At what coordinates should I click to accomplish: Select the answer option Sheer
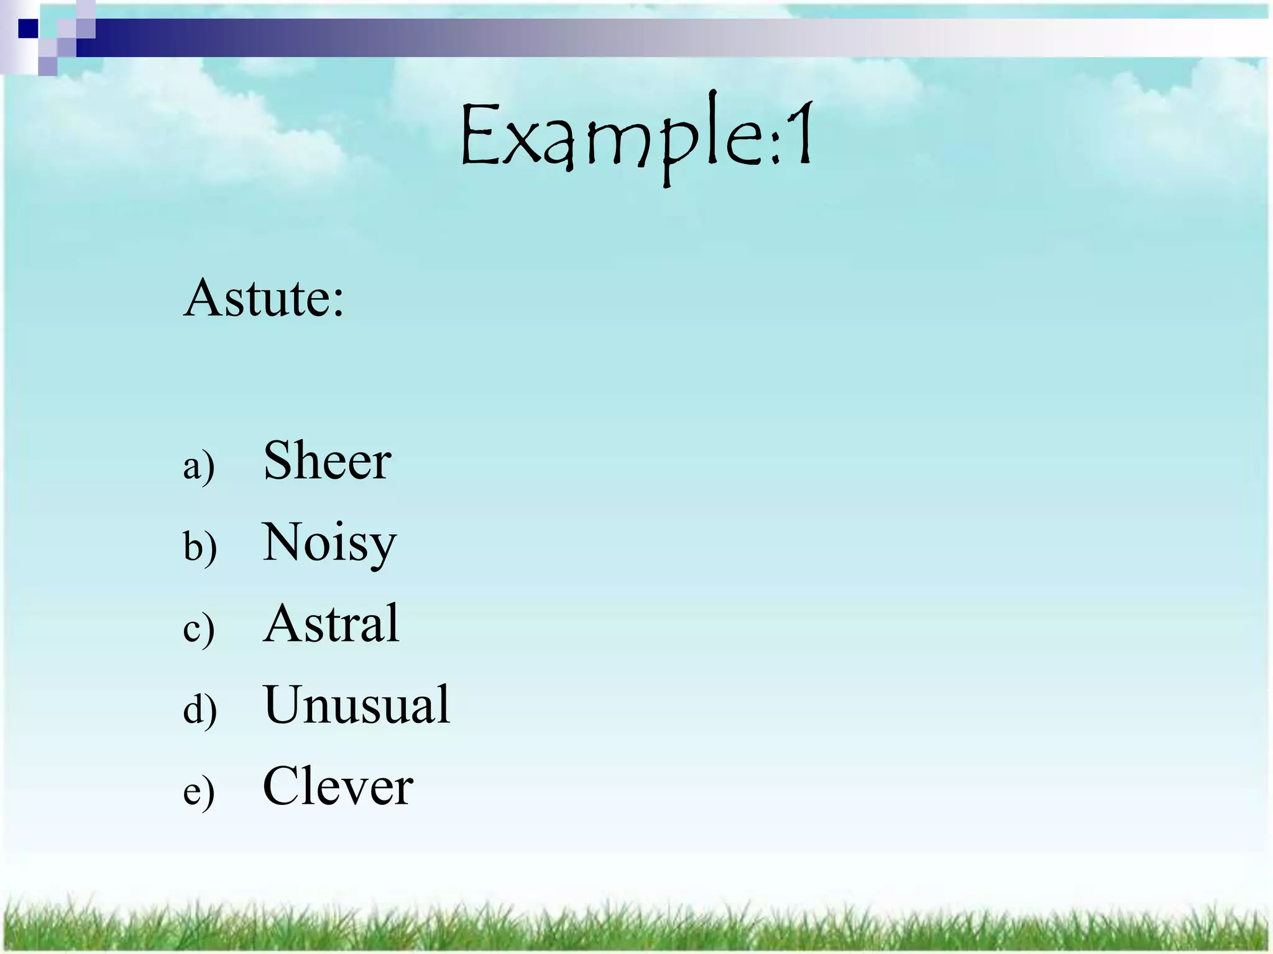click(327, 461)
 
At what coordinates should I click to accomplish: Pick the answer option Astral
click(331, 624)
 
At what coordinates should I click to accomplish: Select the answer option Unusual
click(356, 705)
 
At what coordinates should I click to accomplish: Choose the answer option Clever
click(338, 786)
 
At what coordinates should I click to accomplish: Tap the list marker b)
click(200, 547)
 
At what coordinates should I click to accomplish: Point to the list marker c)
click(199, 629)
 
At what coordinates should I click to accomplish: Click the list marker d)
click(200, 709)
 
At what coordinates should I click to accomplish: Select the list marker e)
click(199, 791)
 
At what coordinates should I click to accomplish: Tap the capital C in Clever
click(283, 786)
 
